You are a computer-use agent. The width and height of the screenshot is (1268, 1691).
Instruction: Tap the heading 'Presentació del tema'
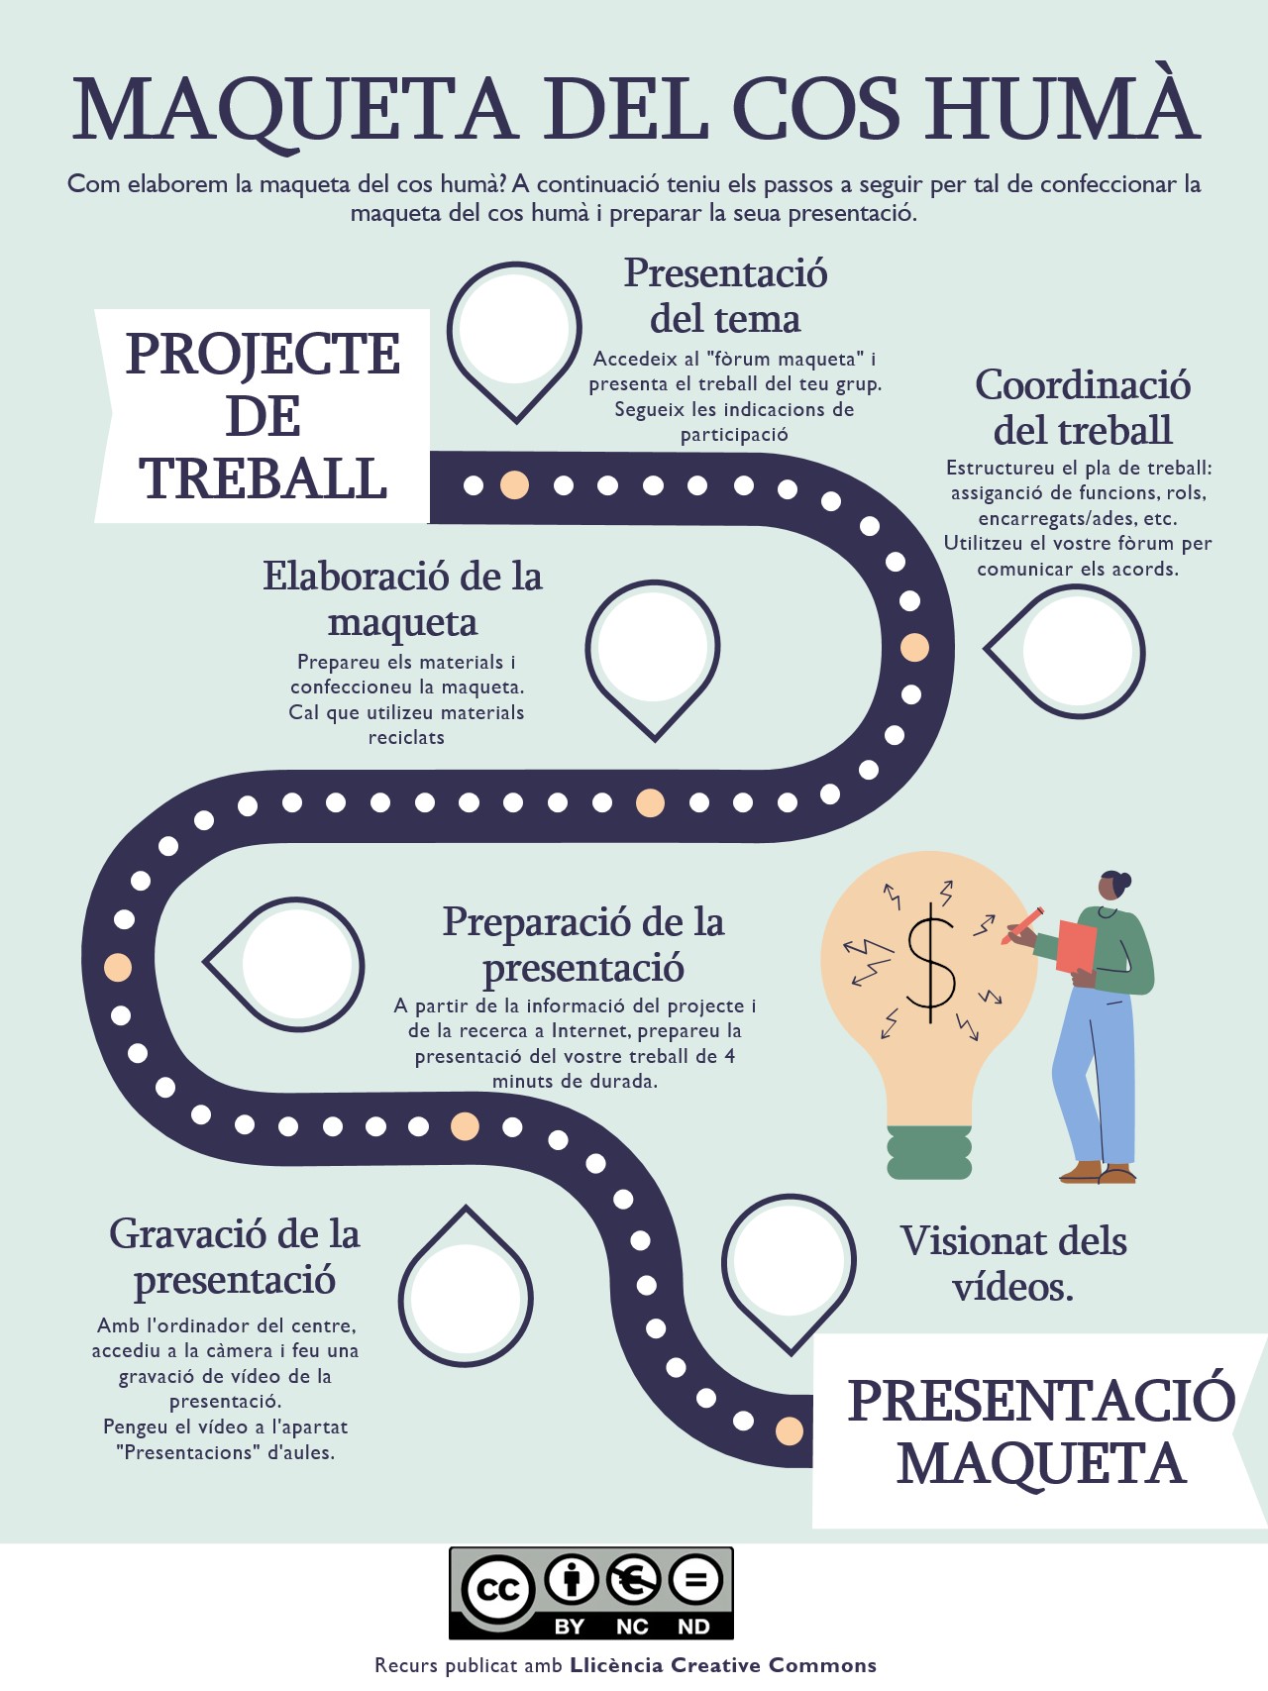pos(725,296)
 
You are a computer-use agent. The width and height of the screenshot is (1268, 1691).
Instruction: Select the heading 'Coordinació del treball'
pos(1083,407)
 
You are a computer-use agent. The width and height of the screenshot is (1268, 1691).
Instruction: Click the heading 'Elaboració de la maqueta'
pos(402,598)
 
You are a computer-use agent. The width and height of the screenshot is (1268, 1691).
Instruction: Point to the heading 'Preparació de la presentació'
pos(583,944)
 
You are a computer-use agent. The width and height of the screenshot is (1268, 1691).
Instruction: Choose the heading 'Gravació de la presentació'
pos(235,1256)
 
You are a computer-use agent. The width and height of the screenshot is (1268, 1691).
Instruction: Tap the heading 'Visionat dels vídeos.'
pos(1013,1263)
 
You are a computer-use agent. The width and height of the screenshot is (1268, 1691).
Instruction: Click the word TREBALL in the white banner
pos(264,479)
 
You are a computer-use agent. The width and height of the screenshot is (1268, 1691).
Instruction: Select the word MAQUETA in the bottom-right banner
pos(1041,1464)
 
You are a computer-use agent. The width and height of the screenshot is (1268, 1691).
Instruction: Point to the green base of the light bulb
pos(929,1152)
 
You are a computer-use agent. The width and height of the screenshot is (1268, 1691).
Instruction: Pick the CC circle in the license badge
pos(498,1588)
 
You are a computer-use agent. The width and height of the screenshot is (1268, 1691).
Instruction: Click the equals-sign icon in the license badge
pos(696,1579)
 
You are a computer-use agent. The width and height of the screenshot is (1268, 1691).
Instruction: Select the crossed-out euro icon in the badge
pos(634,1579)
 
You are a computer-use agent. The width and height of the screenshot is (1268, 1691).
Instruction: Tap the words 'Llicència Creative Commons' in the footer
pos(723,1665)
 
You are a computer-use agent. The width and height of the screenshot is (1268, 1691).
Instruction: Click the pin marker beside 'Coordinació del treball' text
pos(1074,651)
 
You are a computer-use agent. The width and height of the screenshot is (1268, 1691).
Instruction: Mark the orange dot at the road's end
pos(790,1430)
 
